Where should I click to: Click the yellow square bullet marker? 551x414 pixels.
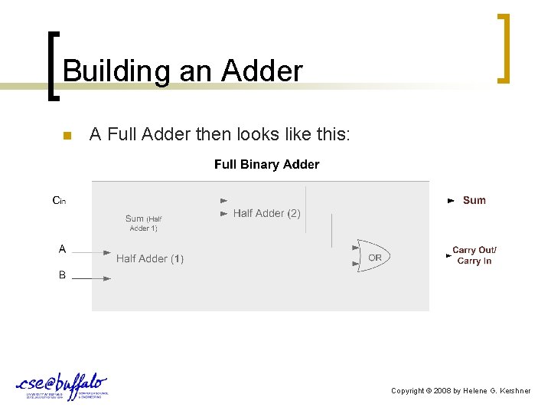(x=66, y=136)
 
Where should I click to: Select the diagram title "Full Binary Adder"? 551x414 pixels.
(x=266, y=164)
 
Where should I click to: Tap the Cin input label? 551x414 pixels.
(x=59, y=201)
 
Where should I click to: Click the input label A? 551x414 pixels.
(x=62, y=248)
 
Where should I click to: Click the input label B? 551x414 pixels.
(x=62, y=274)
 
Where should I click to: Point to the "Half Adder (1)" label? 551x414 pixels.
(x=150, y=259)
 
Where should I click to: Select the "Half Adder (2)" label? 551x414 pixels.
(x=266, y=213)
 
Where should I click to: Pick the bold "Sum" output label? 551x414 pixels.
(x=474, y=200)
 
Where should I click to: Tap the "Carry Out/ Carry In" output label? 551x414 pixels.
(x=474, y=255)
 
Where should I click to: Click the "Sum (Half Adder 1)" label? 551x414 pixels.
(x=144, y=223)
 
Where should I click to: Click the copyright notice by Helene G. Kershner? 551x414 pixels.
(x=461, y=391)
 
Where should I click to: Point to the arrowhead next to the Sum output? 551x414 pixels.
(x=451, y=201)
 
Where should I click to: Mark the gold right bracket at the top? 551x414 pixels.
(x=504, y=48)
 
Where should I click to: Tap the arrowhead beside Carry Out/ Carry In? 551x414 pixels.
(x=449, y=256)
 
